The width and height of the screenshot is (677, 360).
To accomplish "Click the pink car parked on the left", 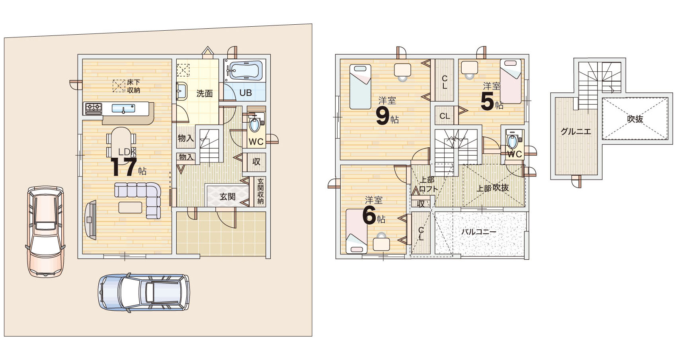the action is [x=45, y=231].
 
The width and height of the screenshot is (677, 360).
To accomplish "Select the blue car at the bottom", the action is [x=144, y=292].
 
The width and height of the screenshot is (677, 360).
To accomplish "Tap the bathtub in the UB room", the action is [x=244, y=70].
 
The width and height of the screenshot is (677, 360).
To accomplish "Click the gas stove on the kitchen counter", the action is [x=94, y=108].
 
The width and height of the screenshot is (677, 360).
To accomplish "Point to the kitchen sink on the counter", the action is [x=123, y=108].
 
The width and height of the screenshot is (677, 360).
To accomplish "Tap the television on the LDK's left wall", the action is [x=90, y=220].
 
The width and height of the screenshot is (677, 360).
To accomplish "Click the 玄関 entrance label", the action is [x=227, y=197].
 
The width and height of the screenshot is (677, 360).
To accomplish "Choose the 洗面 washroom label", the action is [x=205, y=94].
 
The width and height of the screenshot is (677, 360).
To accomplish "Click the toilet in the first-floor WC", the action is [x=254, y=124].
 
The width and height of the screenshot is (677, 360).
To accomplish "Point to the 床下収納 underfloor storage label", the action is [x=133, y=86].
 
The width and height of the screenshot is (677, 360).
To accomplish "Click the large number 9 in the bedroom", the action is [x=382, y=116].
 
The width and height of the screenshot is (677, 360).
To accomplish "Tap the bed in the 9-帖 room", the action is [x=360, y=87].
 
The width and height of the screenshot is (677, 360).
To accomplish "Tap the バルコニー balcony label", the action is [x=479, y=232].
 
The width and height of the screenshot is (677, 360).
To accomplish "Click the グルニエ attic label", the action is [x=576, y=131].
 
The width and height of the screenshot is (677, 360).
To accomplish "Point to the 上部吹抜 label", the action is [x=493, y=188].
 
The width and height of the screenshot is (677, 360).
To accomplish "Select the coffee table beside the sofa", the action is [x=130, y=207].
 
